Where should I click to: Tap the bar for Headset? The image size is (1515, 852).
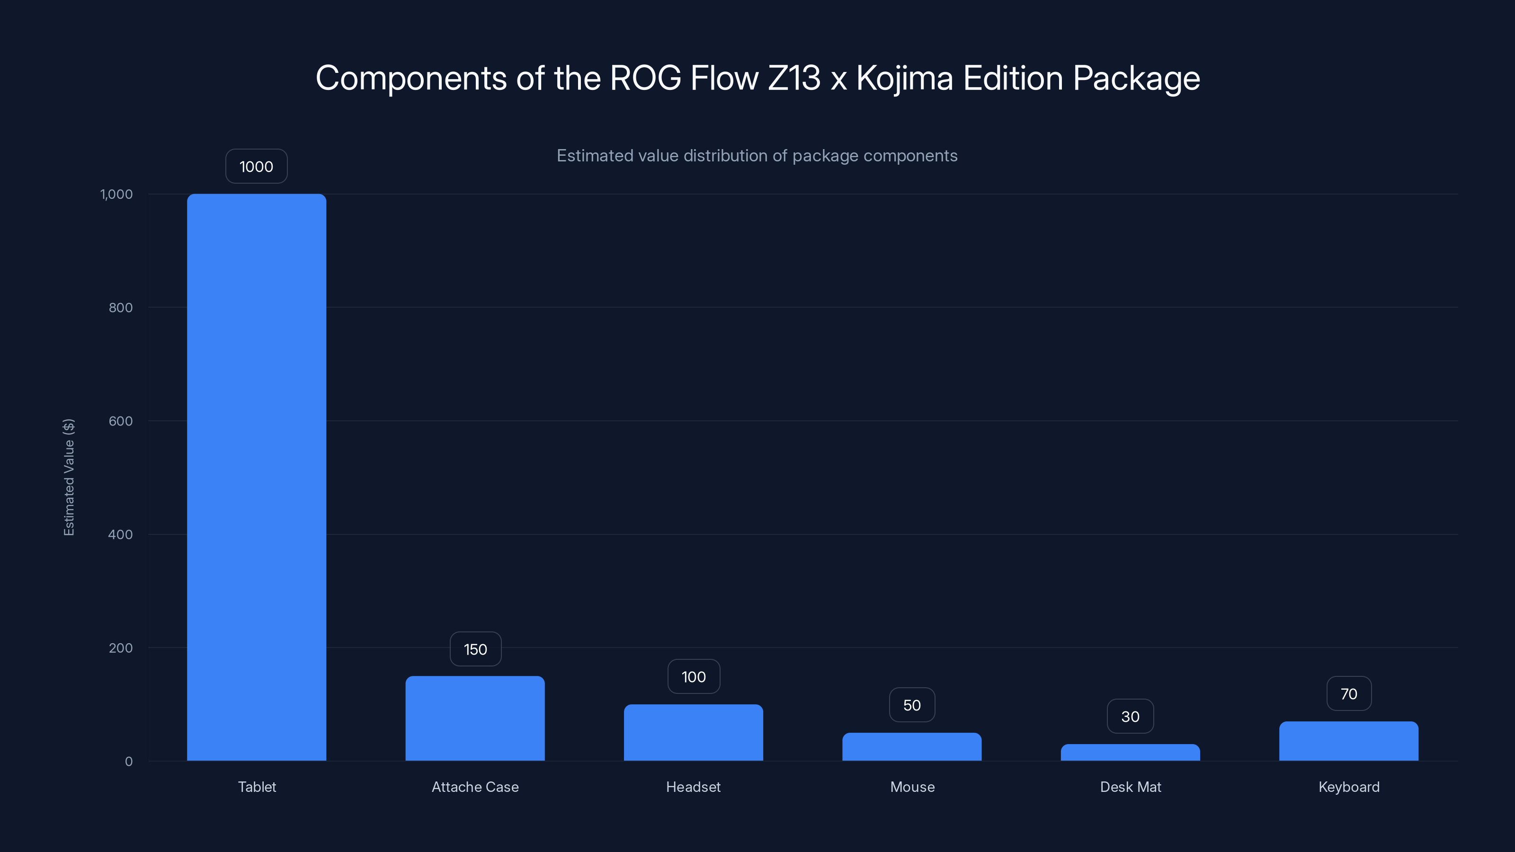(694, 732)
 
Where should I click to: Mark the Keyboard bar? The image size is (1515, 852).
(1348, 741)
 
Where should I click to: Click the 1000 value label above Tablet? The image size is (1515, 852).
(257, 167)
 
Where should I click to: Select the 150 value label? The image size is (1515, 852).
(475, 649)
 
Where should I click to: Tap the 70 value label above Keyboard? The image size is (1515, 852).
(1348, 694)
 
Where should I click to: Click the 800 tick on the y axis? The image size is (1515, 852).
(121, 308)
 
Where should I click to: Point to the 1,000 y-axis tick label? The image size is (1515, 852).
(116, 194)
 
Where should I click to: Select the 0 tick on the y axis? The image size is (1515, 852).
(129, 762)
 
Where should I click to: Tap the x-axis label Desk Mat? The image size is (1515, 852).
(1131, 787)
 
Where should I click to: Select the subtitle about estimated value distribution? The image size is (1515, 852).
(757, 156)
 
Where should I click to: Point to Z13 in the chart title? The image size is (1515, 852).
(794, 78)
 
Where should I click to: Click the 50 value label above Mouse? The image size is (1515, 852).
(911, 705)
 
